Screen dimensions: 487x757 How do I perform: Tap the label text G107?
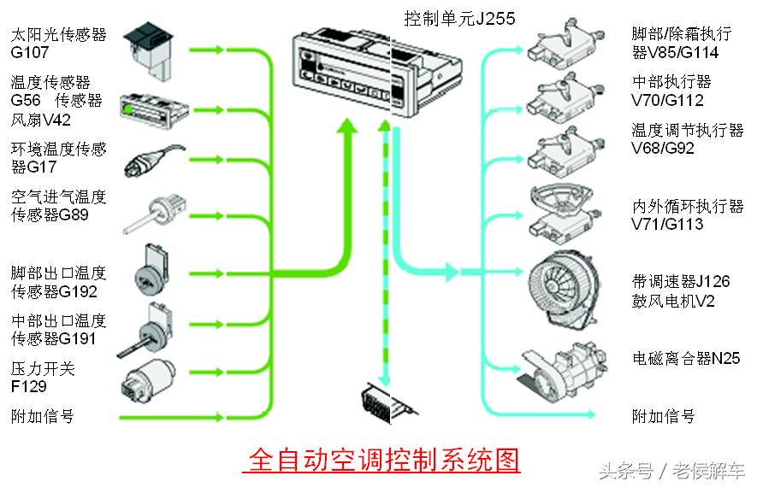[x=29, y=53]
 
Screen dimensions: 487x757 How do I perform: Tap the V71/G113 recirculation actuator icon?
[x=565, y=210]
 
